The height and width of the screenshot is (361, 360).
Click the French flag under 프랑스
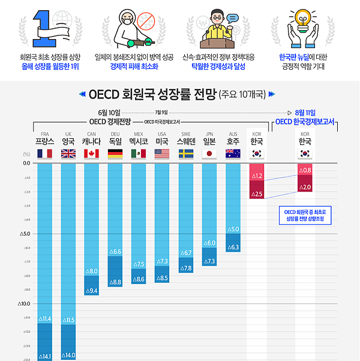(x=44, y=153)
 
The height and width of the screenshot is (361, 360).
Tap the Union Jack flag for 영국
(x=68, y=153)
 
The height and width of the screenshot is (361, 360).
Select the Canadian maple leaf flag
(x=92, y=153)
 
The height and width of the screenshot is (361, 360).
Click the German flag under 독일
(x=115, y=153)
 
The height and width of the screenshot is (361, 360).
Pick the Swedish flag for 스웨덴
(x=185, y=153)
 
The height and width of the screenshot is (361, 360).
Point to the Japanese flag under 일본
(x=209, y=153)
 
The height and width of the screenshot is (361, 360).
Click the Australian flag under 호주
(x=233, y=153)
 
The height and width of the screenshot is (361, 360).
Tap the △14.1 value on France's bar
(x=45, y=356)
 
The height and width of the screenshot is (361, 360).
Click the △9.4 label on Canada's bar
(x=92, y=291)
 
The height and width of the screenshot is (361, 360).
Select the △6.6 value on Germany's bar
(x=115, y=251)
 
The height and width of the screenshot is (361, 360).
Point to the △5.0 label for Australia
(x=233, y=229)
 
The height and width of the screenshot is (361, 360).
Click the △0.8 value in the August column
(x=305, y=171)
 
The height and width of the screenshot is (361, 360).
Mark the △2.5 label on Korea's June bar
(x=257, y=194)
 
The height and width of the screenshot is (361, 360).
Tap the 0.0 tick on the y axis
(x=26, y=163)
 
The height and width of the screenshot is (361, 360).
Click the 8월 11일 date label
(x=305, y=112)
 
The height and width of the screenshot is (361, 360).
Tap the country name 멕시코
(x=139, y=142)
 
